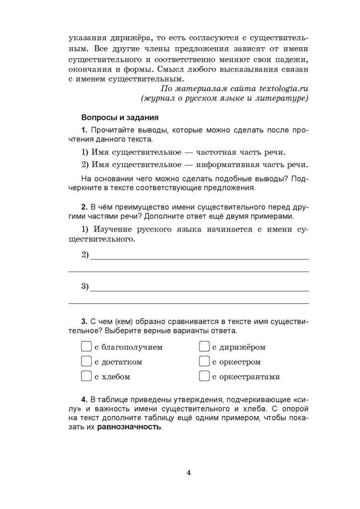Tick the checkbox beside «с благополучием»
86,346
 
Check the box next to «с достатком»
86,361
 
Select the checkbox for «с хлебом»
86,376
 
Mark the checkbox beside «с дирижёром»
204,346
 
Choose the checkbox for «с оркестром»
204,361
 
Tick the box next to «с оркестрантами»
204,376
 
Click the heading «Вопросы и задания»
119,118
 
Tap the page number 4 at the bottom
188,472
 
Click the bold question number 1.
84,130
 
